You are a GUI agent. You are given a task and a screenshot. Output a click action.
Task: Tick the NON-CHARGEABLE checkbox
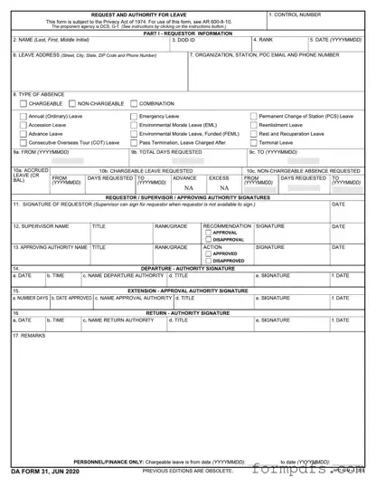pyautogui.click(x=75, y=104)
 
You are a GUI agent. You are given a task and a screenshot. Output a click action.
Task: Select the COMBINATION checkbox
pyautogui.click(x=134, y=104)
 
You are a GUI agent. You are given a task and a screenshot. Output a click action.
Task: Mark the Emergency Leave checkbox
pyautogui.click(x=135, y=116)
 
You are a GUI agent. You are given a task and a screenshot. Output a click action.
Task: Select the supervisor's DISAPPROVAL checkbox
pyautogui.click(x=207, y=240)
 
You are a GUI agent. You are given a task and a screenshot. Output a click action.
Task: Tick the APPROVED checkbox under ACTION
pyautogui.click(x=207, y=253)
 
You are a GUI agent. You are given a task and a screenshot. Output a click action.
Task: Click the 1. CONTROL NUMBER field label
pyautogui.click(x=296, y=15)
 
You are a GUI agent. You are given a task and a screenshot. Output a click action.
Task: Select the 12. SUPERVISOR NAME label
pyautogui.click(x=40, y=225)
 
